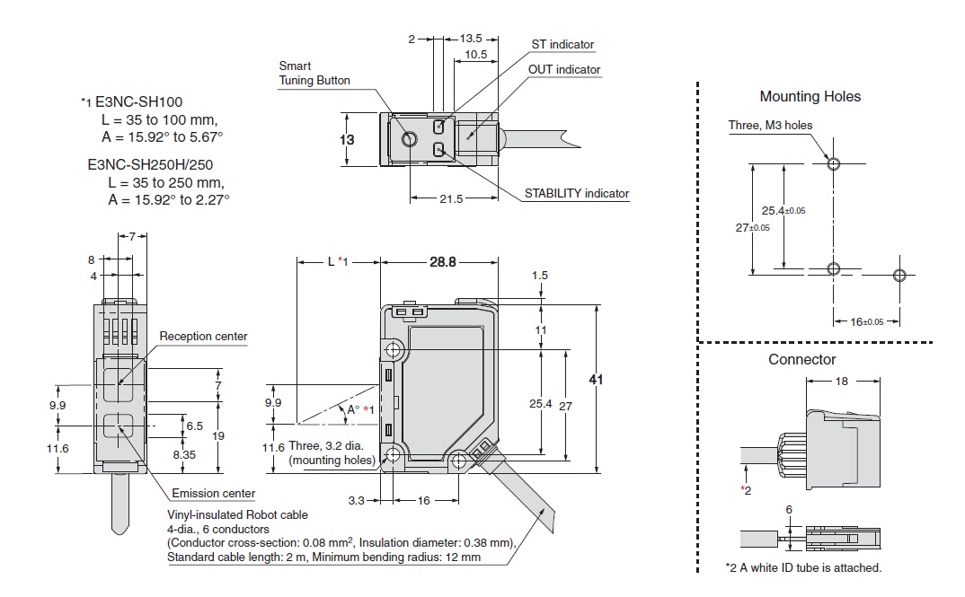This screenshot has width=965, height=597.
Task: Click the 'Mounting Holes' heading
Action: pos(810,97)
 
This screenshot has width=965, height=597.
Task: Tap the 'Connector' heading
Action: pos(801,360)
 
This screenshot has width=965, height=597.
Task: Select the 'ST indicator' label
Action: pos(562,45)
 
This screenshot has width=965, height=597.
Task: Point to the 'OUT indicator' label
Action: pos(565,69)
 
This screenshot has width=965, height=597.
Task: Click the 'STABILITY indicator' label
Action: pos(577,193)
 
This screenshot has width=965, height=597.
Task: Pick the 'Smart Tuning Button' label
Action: pos(314,73)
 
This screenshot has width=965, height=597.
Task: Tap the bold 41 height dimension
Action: pos(595,380)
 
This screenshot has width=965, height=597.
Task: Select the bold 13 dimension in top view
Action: pos(346,139)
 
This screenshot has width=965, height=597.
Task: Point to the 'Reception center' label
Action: pos(203,337)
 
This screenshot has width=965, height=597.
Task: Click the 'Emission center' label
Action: pos(213,493)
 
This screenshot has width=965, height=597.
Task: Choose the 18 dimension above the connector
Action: pos(840,381)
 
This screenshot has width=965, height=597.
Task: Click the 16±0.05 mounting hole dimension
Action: pos(867,321)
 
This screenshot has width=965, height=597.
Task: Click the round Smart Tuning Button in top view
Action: pos(410,140)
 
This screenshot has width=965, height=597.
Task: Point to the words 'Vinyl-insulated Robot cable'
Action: pos(237,514)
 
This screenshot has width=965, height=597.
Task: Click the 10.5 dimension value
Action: pos(476,55)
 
